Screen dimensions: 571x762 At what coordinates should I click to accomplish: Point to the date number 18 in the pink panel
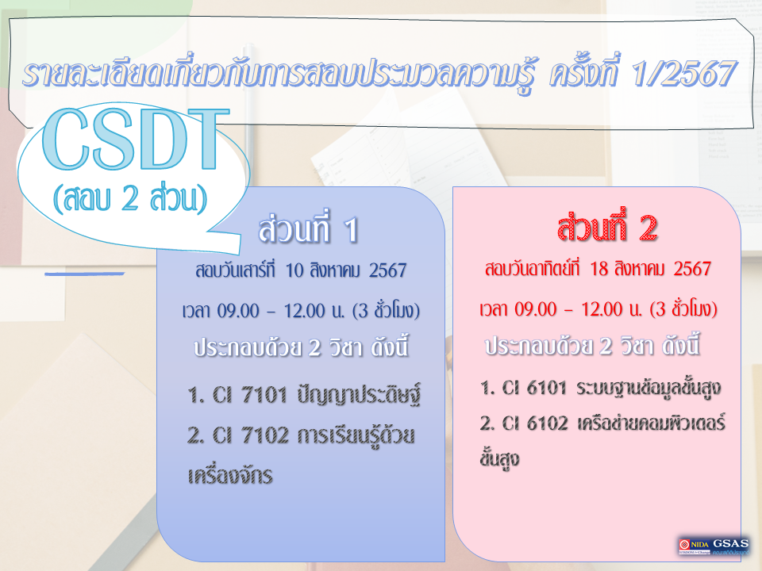pos(599,269)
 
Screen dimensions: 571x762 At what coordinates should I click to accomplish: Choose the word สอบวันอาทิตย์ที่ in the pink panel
pos(533,269)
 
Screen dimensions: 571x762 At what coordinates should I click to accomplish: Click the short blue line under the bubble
pos(85,273)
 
